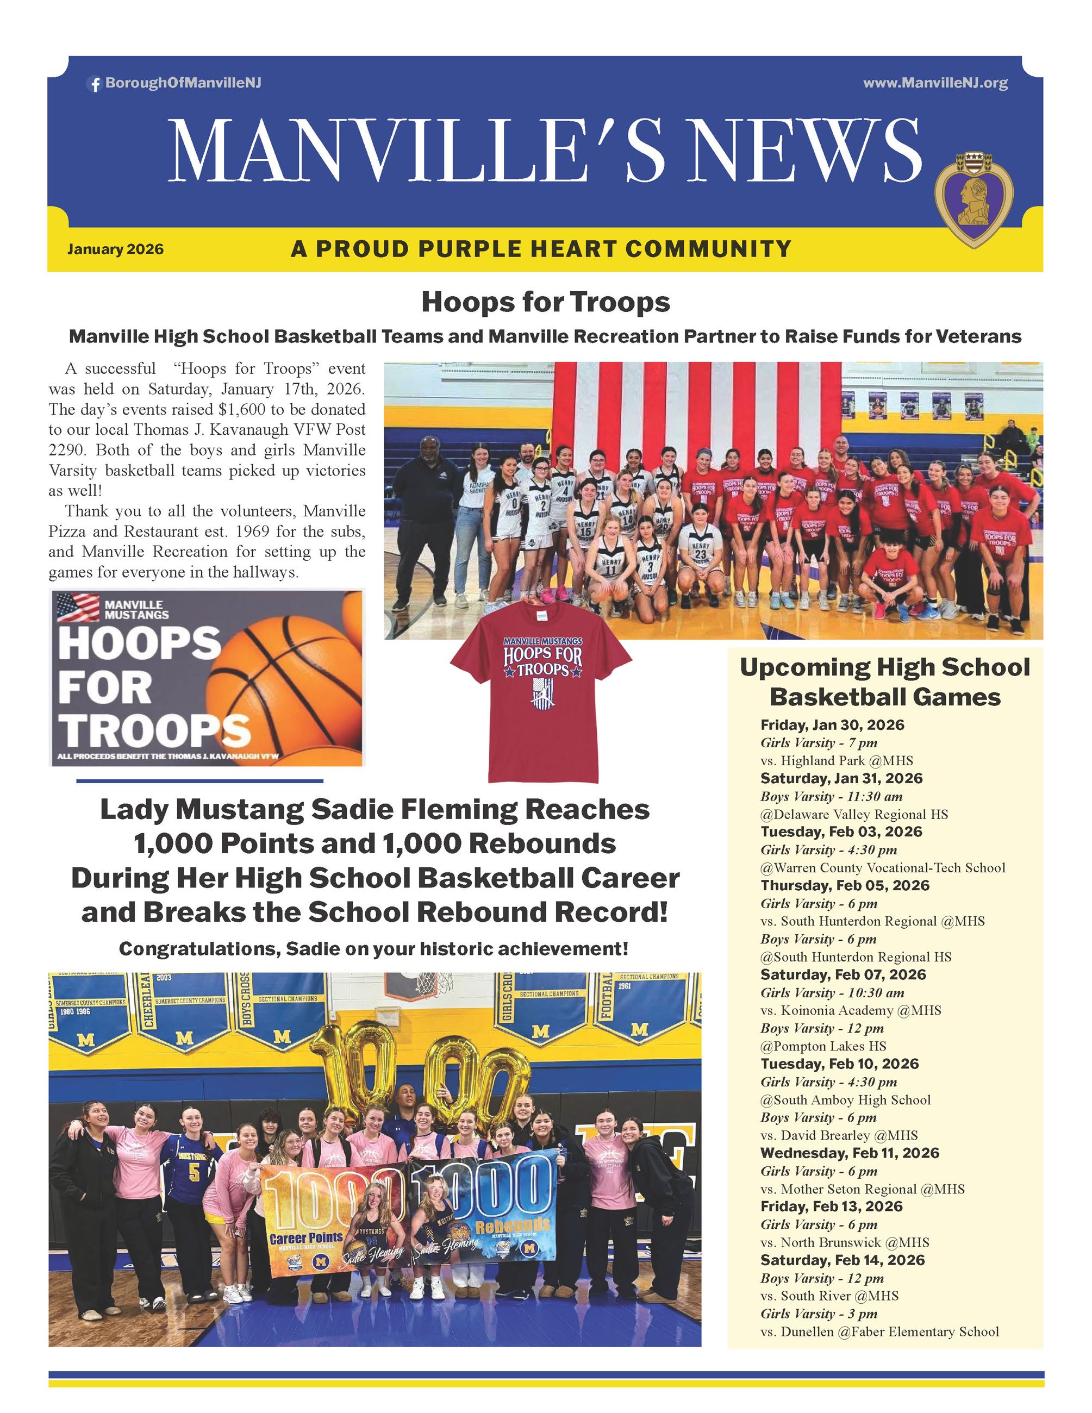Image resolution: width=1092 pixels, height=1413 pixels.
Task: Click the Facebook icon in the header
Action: pos(95,84)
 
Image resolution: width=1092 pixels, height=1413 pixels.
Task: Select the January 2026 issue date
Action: pos(115,249)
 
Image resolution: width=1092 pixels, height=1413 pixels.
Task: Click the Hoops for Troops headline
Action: pos(545,302)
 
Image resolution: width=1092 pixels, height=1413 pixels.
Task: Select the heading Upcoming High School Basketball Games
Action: pos(884,682)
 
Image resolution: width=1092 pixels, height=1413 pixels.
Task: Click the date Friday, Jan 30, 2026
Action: pos(832,724)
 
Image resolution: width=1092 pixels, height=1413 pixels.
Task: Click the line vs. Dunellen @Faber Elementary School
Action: pos(879,1331)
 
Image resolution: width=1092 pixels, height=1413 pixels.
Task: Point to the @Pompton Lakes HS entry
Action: pos(823,1046)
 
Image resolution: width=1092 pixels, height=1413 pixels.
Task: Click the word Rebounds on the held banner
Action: pos(513,1225)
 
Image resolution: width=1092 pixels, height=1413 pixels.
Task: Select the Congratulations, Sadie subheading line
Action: pos(374,949)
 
